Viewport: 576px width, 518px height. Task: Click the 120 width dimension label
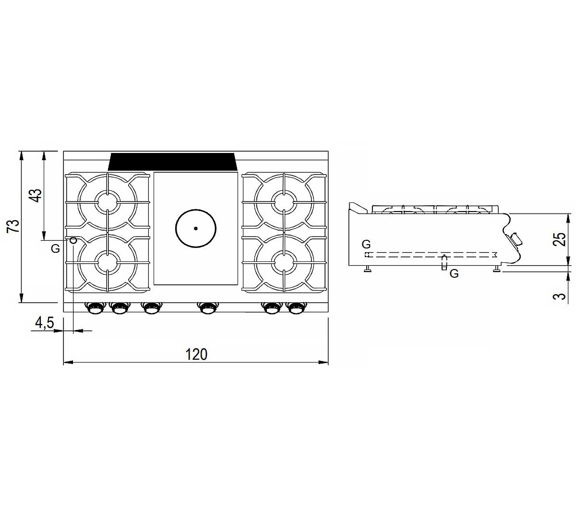click(x=196, y=354)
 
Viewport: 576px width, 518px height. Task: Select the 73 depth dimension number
click(x=14, y=226)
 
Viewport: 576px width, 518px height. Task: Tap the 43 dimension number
click(x=36, y=196)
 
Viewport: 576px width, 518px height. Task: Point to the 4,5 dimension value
click(x=44, y=323)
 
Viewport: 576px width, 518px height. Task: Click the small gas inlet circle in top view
click(x=73, y=240)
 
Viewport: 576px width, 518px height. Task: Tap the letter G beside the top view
click(x=55, y=248)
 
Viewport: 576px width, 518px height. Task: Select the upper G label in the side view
click(x=366, y=244)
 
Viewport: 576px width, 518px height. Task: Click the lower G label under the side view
click(x=454, y=273)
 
